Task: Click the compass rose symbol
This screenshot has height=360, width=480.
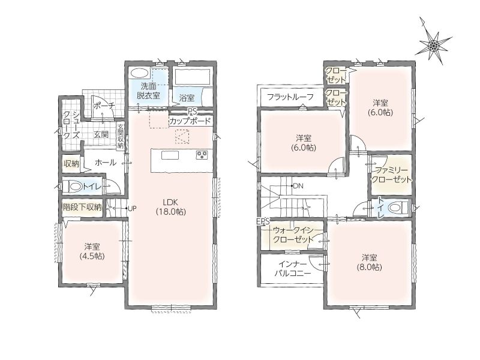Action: coord(433,46)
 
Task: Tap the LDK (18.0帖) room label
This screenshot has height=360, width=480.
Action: coord(171,206)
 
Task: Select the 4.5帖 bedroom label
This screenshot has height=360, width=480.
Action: coord(92,251)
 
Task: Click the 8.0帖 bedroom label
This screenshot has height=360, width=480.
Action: coord(370,262)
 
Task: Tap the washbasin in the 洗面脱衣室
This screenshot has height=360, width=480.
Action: coord(140,73)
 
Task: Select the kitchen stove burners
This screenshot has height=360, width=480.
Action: coord(202,155)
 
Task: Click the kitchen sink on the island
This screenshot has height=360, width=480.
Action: coord(170,155)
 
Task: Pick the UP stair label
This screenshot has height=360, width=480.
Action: coord(132,208)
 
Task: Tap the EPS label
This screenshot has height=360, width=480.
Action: coord(263,221)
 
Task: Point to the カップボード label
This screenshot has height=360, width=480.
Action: coord(190,121)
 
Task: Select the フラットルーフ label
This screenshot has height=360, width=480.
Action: coord(290,97)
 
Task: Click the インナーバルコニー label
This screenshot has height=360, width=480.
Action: coord(292,268)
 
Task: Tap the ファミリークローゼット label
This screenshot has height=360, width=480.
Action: coord(391,175)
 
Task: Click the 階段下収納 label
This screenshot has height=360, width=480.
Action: coord(82,207)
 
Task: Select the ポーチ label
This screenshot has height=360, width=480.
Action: coord(104,106)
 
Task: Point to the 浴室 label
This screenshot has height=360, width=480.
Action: coord(187,98)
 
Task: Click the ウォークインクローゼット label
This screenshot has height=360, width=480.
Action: coord(293,234)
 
